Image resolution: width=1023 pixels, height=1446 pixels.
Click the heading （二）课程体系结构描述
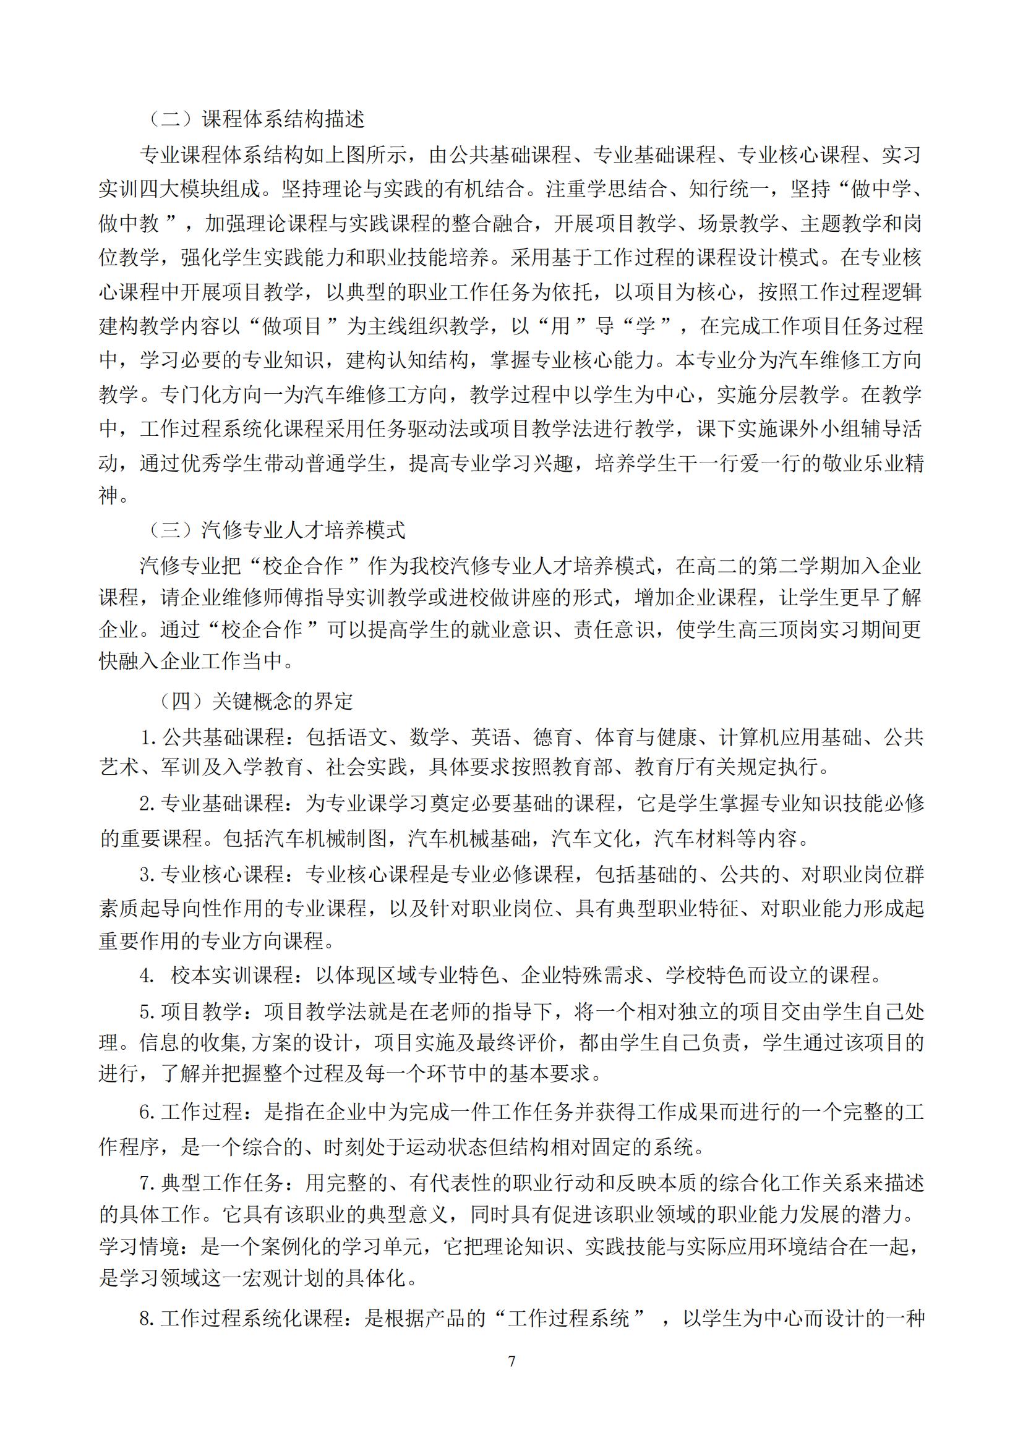tap(256, 119)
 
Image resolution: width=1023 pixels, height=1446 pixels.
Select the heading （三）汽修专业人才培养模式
tap(276, 530)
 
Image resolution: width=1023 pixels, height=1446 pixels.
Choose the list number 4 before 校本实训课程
tap(145, 976)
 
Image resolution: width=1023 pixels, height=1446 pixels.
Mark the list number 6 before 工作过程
tap(145, 1113)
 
